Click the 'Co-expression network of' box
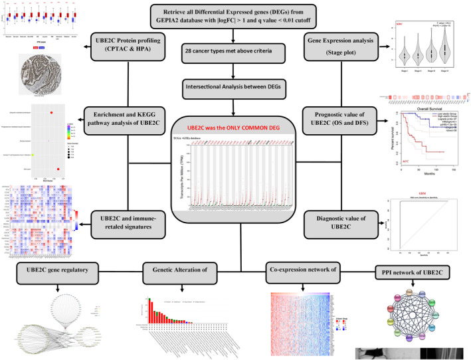pyautogui.click(x=302, y=269)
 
